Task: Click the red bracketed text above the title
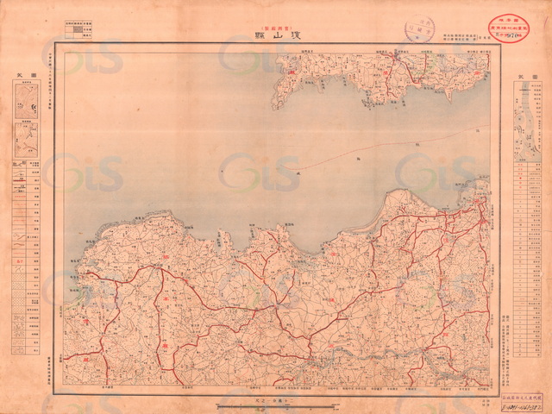pos(275,24)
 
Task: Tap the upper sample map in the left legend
pos(26,102)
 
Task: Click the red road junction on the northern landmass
pos(396,59)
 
